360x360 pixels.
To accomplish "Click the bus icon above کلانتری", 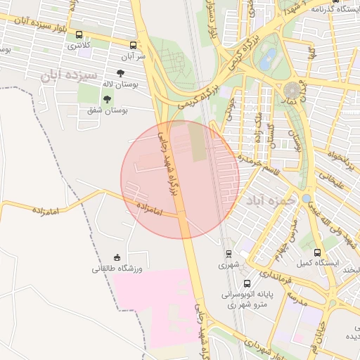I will coord(78,34).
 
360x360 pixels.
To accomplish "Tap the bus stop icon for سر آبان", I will coord(134,44).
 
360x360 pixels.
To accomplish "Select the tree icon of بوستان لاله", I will coord(120,72).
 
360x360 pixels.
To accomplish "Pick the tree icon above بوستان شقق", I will coord(107,99).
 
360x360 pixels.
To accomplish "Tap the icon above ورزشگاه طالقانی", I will coord(117,257).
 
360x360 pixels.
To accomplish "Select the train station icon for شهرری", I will coord(229,254).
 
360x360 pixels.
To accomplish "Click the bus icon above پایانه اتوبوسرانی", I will coord(246,283).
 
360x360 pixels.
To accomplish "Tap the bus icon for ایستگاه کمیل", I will coord(317,252).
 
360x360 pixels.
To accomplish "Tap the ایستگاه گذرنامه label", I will coord(335,9).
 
